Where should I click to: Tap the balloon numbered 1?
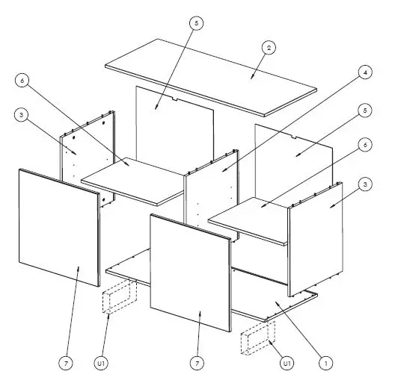pos(326,363)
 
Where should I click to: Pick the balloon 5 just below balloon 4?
pos(364,111)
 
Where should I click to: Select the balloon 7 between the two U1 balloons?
pos(197,363)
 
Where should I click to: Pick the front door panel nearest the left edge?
pos(58,228)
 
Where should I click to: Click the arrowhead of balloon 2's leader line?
pos(251,77)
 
